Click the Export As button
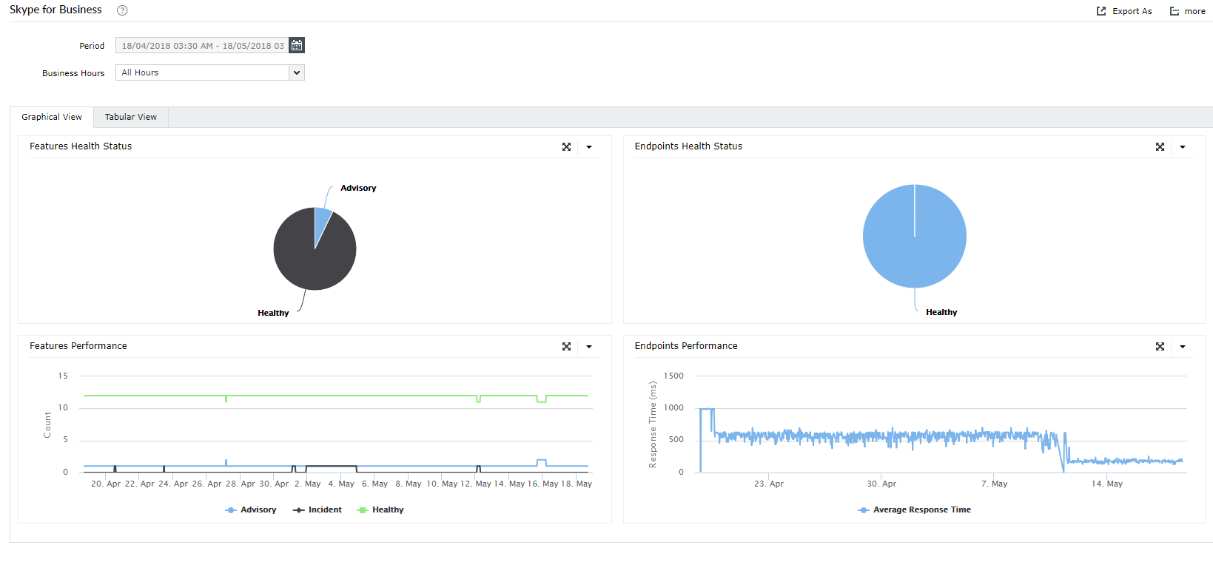1124,11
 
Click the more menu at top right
1188,11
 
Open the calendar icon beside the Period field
297,46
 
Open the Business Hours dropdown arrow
297,72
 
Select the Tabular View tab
131,117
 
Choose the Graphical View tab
52,117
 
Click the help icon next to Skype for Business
123,10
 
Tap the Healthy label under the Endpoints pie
941,312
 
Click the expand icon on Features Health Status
566,147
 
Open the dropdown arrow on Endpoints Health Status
1183,147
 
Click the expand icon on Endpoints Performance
1160,347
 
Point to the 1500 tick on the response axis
673,376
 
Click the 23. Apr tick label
768,484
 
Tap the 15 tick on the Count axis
63,376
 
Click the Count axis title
47,424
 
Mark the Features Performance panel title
78,346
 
